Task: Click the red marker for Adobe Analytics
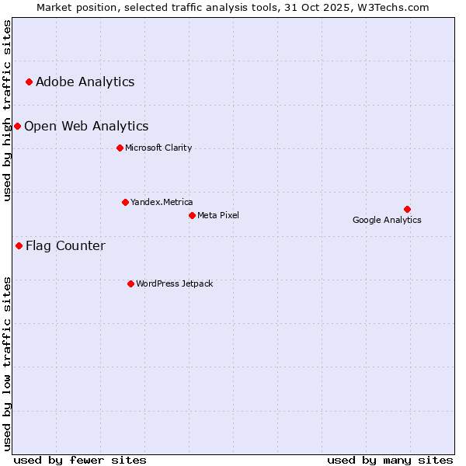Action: [29, 82]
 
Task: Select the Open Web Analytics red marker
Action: [17, 126]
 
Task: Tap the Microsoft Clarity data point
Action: [120, 148]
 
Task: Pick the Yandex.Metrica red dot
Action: [125, 202]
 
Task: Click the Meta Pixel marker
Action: [192, 215]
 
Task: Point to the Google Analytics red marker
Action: [407, 209]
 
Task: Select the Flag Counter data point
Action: [19, 245]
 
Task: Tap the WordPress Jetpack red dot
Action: [130, 283]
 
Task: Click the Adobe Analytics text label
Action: [85, 82]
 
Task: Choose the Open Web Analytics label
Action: [86, 126]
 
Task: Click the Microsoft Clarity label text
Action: [158, 148]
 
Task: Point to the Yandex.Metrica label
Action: [162, 202]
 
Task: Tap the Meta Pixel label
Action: [218, 215]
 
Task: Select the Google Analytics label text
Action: [387, 220]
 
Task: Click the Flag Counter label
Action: [65, 246]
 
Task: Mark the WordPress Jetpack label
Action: [174, 283]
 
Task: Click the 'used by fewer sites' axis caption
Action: [80, 460]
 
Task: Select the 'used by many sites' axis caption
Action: [390, 460]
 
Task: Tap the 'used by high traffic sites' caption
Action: [7, 110]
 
